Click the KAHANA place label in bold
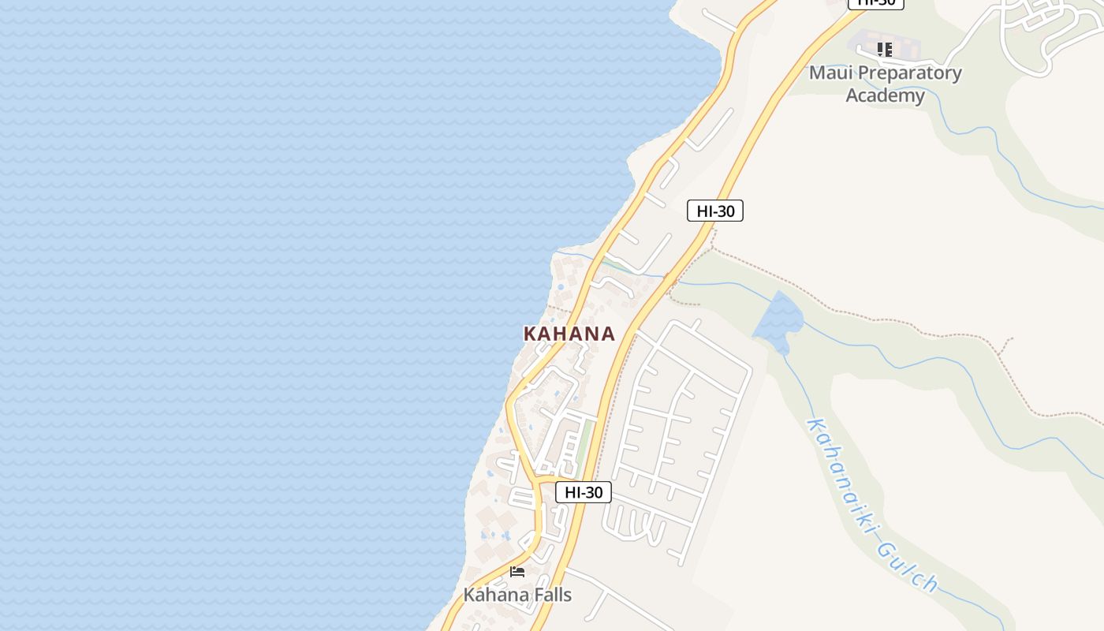569,334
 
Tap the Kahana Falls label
517,595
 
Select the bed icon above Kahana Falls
517,572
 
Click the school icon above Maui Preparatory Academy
885,50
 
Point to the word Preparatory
909,73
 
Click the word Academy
885,95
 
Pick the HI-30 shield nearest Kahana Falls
584,492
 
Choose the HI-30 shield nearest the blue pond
715,211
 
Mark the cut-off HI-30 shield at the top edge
875,3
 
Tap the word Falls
550,595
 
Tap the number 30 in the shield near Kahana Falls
594,492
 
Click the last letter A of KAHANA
607,334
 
